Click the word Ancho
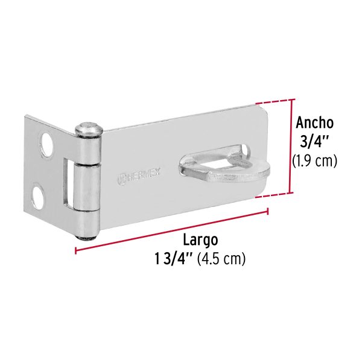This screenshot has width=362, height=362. click(x=314, y=122)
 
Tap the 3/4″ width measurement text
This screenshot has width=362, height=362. click(x=313, y=143)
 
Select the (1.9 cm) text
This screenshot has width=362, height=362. click(x=314, y=161)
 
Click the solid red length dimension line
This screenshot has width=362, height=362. click(x=175, y=226)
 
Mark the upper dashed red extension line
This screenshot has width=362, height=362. click(x=275, y=102)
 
